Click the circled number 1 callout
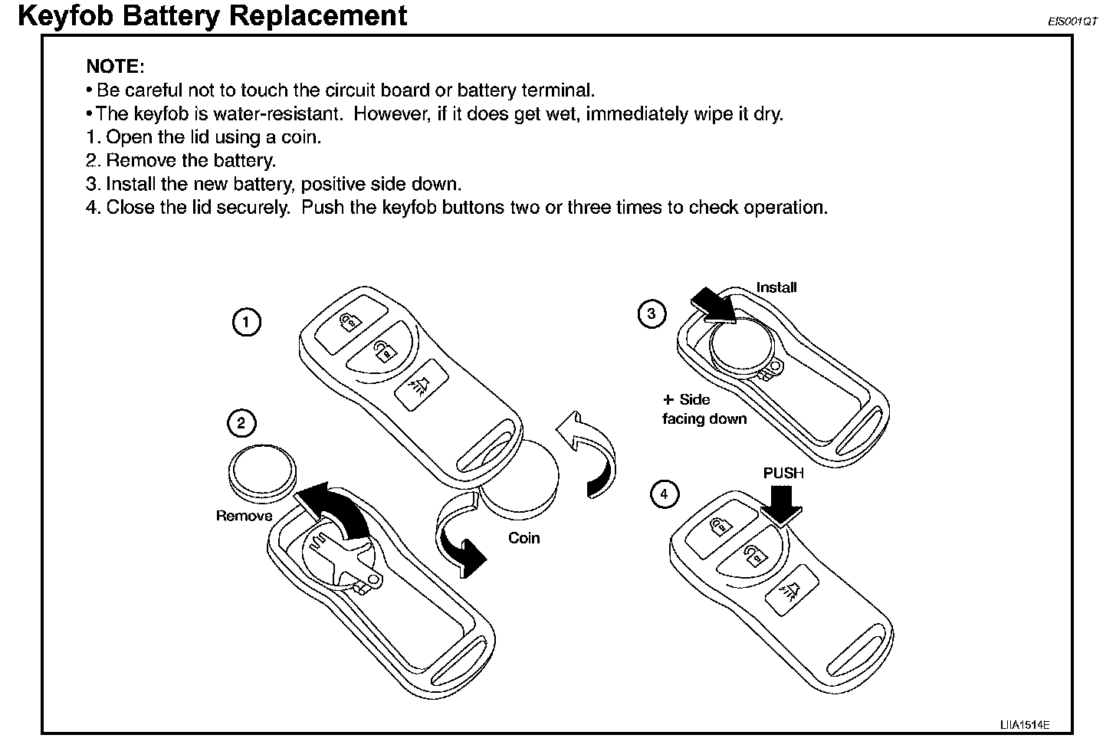click(246, 323)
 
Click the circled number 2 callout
click(242, 423)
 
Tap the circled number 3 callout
click(652, 313)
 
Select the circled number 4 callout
click(664, 494)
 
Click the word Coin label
click(524, 538)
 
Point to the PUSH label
click(783, 474)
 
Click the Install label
click(776, 287)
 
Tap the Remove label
click(244, 516)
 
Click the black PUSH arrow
click(783, 507)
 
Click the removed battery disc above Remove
click(262, 473)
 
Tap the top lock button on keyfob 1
click(350, 320)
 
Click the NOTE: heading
click(115, 66)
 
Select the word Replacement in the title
click(317, 15)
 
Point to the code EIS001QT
click(1072, 22)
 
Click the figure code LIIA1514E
click(1024, 724)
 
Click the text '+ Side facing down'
click(703, 409)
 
